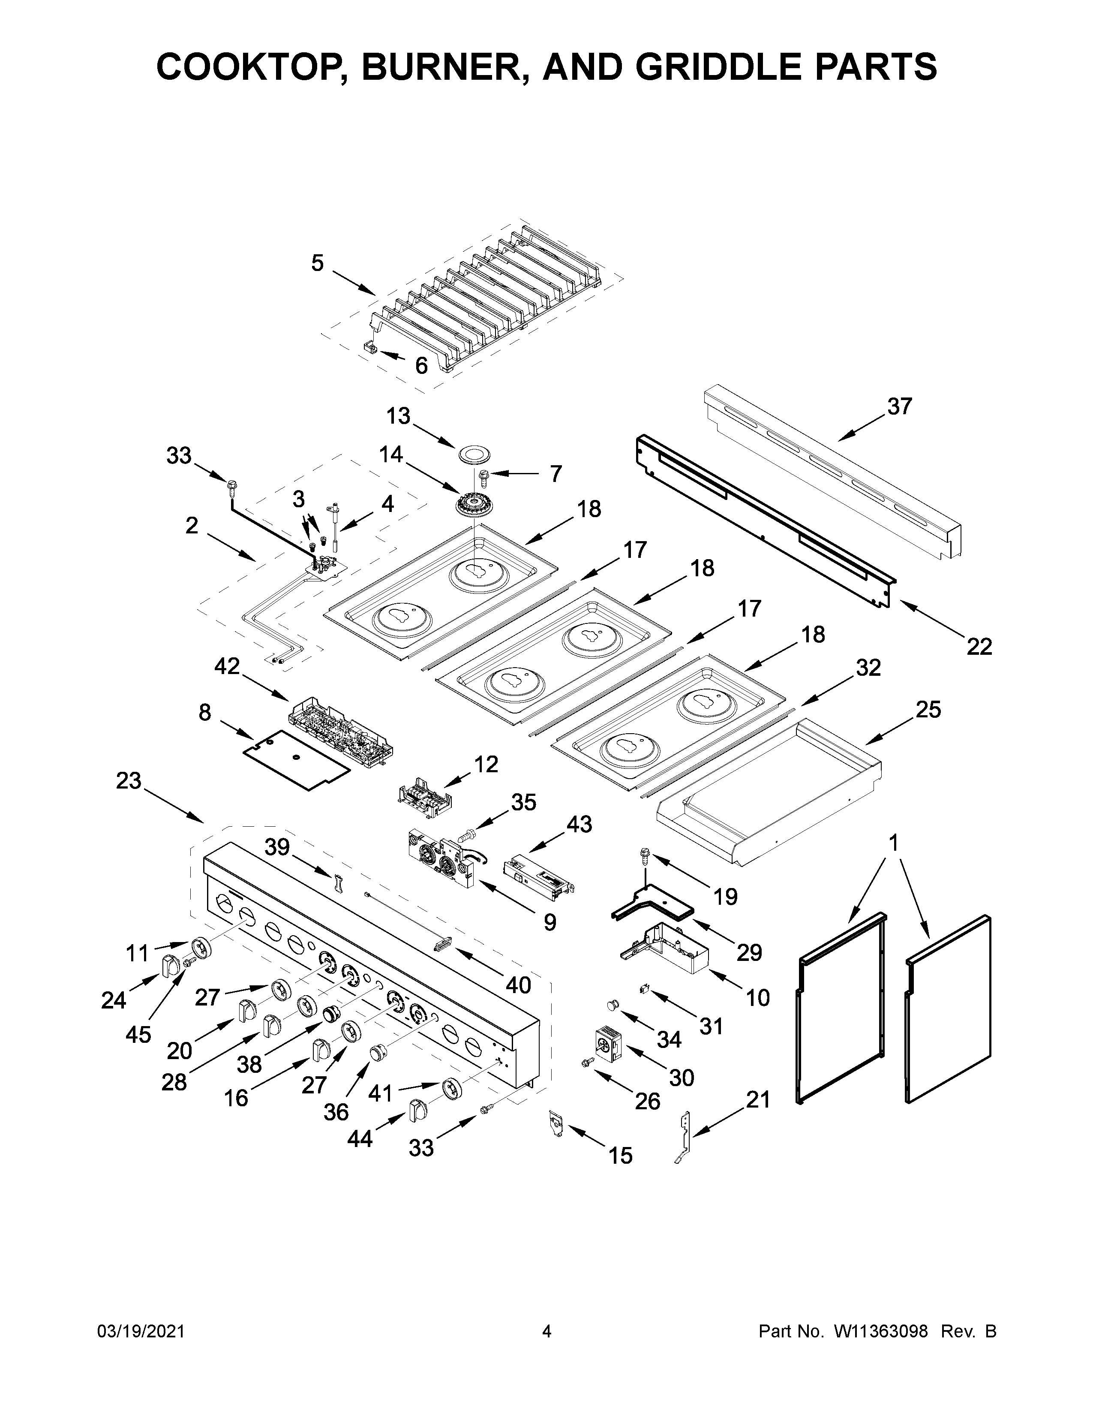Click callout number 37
pos(899,406)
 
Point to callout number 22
pos(979,646)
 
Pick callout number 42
pos(227,666)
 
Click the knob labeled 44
pos(416,1110)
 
